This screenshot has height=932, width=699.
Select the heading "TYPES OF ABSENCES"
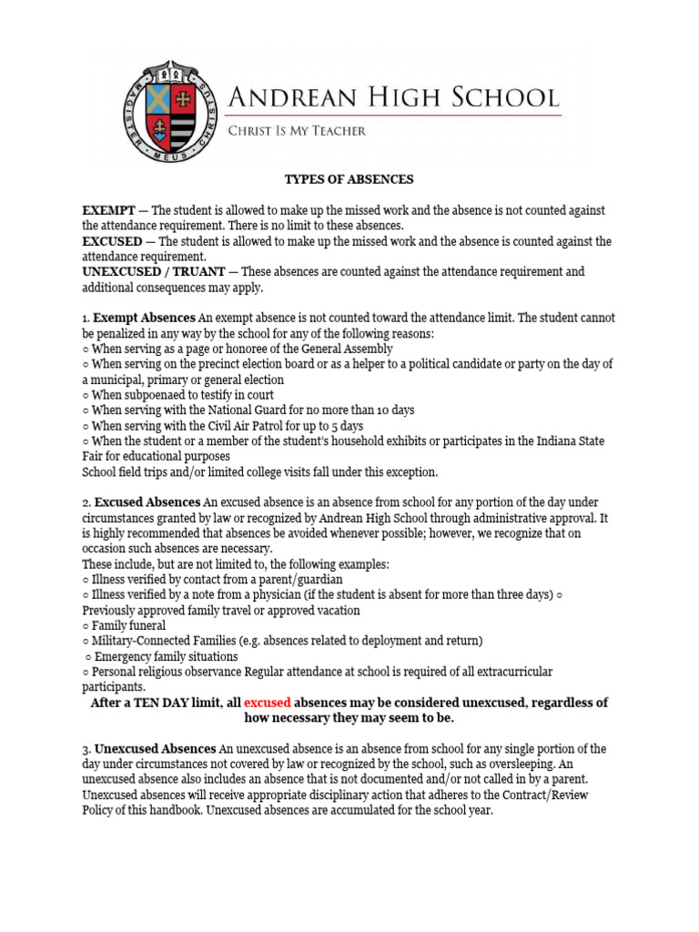click(349, 179)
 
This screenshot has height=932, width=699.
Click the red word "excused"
click(267, 704)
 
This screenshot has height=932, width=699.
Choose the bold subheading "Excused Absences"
click(147, 502)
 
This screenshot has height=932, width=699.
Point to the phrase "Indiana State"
click(573, 441)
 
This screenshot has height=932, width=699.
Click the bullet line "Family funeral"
click(128, 625)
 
